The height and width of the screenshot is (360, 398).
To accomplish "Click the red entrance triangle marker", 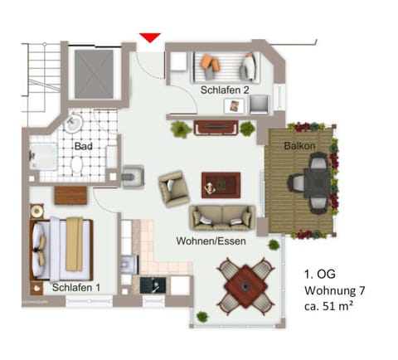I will point(149,37).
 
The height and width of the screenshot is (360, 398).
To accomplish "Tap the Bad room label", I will point(82,147).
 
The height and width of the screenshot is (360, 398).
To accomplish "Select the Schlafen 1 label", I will point(75,287).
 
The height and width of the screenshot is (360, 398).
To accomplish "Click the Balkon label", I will point(298,146).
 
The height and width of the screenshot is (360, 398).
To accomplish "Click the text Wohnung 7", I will point(333,290).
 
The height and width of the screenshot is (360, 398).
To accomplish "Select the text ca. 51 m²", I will point(331,307).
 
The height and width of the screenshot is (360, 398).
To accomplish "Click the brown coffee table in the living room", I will point(221,182).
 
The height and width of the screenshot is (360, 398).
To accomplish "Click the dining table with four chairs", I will point(246,286).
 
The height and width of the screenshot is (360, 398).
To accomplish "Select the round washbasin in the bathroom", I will point(74,124).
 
